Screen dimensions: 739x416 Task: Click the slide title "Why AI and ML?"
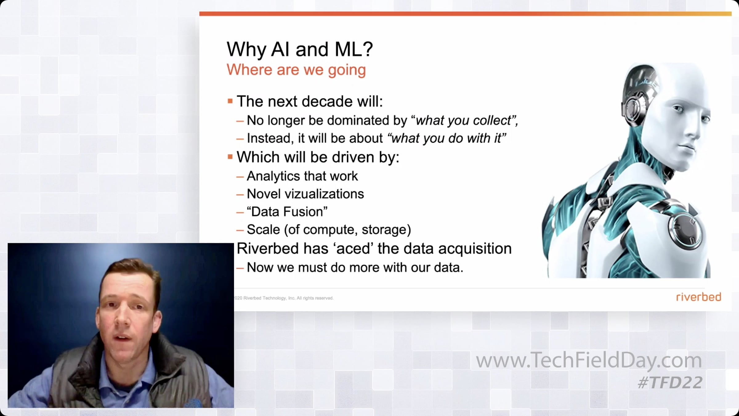pos(300,49)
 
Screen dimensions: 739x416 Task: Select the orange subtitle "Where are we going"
pos(296,70)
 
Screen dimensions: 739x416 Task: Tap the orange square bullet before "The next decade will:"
pos(230,101)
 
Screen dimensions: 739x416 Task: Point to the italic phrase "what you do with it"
pos(446,138)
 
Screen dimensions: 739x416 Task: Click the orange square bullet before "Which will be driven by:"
pos(230,157)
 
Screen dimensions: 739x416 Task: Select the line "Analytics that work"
pos(302,176)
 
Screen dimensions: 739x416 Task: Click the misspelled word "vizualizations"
pos(324,194)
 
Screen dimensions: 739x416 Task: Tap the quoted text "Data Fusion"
pos(287,212)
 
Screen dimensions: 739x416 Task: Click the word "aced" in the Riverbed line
pos(353,249)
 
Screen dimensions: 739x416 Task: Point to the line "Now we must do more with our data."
pos(355,267)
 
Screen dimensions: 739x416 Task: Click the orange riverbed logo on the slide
pos(698,297)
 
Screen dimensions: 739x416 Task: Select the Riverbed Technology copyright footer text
pos(284,298)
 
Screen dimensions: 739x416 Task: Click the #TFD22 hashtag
pos(670,383)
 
